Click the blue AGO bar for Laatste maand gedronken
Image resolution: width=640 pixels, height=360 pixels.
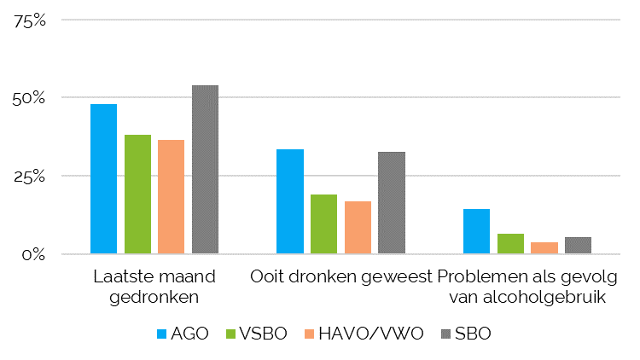103,179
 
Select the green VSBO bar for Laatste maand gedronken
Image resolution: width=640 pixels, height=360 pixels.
137,195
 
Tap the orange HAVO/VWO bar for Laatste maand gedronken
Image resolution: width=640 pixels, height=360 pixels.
171,197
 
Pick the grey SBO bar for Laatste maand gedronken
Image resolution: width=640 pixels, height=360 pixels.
206,170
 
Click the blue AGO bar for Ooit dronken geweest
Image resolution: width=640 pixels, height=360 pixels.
290,201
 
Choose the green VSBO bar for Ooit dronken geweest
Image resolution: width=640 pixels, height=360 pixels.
324,224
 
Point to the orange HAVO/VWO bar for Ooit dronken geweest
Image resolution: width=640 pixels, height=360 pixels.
358,228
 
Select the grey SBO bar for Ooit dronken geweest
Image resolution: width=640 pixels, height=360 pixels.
392,203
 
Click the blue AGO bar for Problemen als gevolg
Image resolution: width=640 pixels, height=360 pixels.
477,231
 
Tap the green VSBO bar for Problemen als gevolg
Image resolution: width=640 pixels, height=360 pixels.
510,244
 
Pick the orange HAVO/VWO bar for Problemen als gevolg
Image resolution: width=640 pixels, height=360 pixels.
544,248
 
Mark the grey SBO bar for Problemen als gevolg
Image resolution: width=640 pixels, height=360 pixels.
579,246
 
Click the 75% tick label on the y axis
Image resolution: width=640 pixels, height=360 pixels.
30,20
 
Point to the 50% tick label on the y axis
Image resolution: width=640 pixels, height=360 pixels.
28,99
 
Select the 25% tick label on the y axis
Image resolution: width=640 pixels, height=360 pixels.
29,177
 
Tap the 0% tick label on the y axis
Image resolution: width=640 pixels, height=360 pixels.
33,255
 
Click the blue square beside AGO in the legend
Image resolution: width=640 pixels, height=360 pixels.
161,334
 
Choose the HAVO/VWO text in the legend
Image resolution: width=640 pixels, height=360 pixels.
371,334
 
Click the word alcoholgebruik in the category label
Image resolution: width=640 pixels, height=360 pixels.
544,297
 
